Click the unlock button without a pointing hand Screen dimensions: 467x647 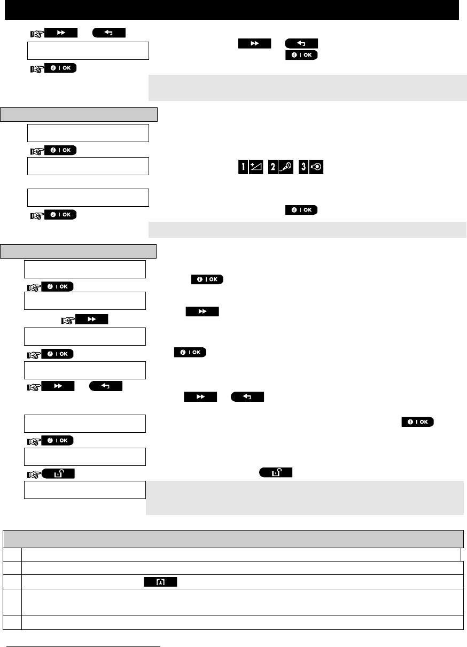click(276, 472)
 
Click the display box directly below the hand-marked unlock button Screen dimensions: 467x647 click(85, 490)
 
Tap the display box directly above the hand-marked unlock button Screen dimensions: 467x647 click(85, 457)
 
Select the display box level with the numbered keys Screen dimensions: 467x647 click(88, 166)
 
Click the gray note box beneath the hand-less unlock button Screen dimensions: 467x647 click(305, 497)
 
